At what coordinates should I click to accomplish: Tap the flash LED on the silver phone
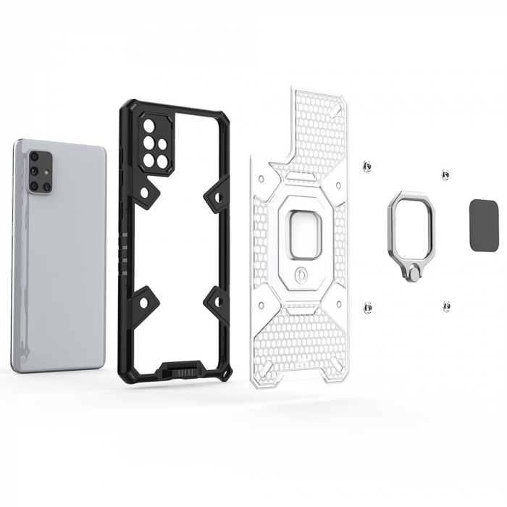point(47,174)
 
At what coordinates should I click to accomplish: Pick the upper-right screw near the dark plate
point(445,174)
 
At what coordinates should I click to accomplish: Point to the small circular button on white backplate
point(301,276)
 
